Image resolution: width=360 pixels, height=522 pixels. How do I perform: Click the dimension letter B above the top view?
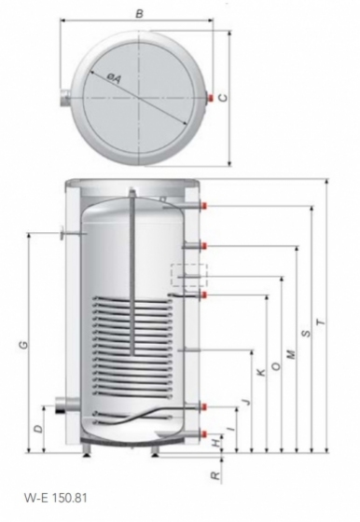140,14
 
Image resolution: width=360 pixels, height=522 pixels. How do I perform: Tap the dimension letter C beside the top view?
224,98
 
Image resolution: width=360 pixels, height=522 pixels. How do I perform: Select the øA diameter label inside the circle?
114,77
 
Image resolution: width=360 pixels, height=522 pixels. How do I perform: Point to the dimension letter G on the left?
23,345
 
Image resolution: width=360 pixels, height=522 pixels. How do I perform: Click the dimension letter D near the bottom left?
39,429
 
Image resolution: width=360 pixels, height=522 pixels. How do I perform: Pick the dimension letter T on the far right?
321,323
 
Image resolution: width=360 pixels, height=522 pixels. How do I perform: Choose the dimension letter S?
306,333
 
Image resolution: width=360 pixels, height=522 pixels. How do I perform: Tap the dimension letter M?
291,354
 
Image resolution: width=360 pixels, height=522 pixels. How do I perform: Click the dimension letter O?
276,366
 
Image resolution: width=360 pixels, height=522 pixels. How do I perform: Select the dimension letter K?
262,372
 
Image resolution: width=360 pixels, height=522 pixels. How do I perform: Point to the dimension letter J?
246,402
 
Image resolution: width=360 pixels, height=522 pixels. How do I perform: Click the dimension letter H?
216,443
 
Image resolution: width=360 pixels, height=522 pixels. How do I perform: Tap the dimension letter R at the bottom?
216,475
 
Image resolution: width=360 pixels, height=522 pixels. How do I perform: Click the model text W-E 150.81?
56,499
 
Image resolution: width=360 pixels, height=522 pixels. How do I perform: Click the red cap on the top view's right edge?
211,98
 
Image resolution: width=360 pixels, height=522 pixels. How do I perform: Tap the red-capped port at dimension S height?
204,206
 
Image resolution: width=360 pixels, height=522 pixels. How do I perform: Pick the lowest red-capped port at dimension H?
204,433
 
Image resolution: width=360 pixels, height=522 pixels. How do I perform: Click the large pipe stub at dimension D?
66,405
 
